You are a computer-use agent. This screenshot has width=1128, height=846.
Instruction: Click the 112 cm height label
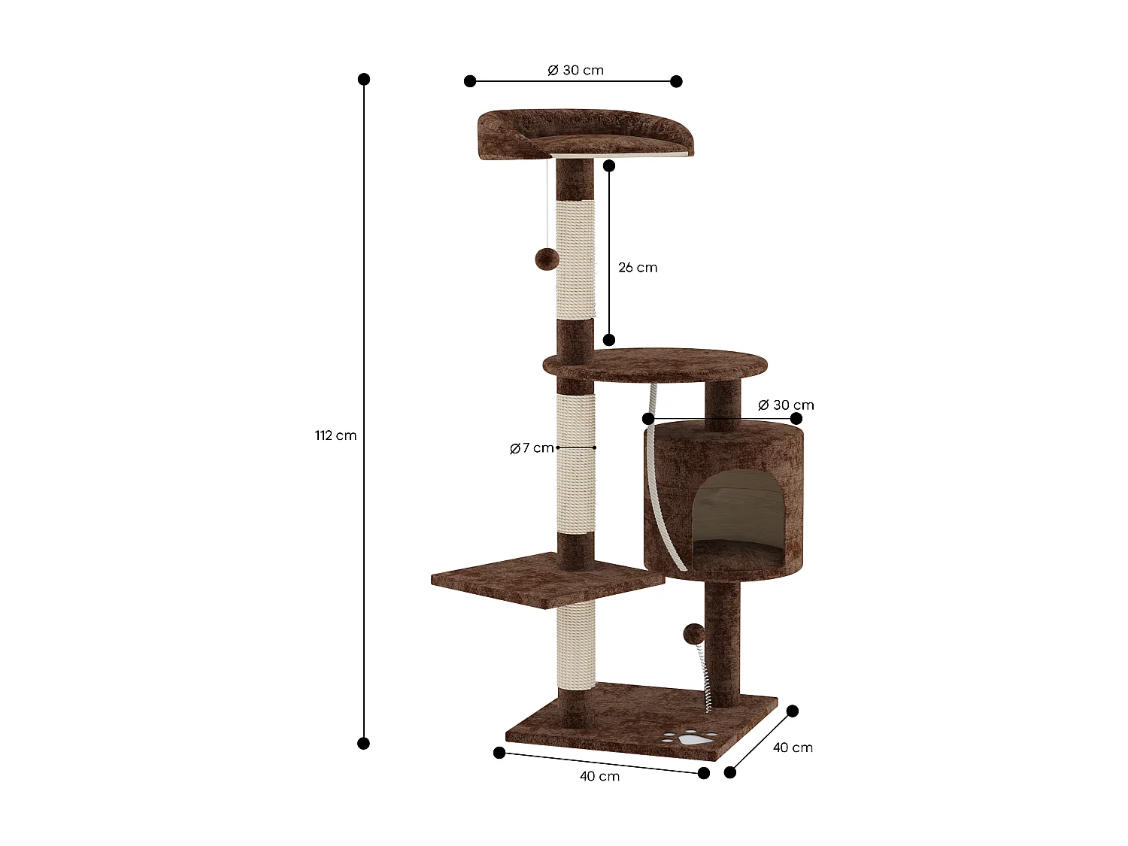tap(335, 435)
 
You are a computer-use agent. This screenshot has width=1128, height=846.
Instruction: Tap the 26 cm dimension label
tap(638, 268)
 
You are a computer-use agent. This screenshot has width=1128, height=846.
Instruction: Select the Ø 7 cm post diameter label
tap(532, 448)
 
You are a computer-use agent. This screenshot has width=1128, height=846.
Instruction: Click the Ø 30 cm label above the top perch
tap(575, 70)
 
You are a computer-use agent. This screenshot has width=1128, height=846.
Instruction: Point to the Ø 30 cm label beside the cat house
tap(786, 405)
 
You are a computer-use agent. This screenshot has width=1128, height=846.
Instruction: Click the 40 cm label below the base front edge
tap(599, 776)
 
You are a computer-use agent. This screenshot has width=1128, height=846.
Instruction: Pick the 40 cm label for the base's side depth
tap(793, 747)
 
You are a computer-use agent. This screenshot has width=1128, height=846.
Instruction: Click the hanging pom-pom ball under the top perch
tap(547, 260)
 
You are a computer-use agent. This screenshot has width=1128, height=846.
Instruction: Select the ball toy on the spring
tap(693, 634)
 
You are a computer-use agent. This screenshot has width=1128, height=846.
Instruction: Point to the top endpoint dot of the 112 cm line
tap(364, 79)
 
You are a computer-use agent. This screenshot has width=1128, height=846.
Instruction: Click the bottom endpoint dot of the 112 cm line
tap(364, 744)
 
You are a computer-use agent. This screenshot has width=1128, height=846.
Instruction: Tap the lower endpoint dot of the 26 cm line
tap(609, 340)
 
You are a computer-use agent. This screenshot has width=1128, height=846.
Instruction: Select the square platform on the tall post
tap(547, 580)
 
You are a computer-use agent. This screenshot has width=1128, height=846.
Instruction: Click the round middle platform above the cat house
tap(656, 364)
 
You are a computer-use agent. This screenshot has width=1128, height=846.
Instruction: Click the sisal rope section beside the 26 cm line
tap(575, 259)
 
